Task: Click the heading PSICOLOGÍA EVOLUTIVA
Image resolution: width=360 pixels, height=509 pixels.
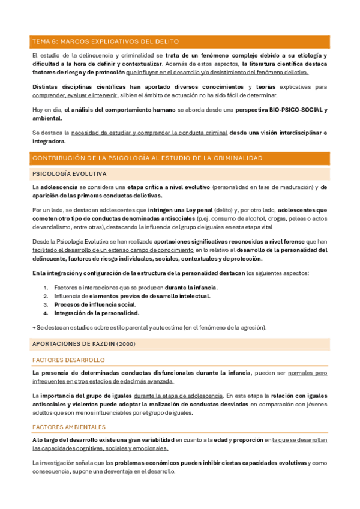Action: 70,173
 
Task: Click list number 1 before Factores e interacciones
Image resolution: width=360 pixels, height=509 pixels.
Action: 46,288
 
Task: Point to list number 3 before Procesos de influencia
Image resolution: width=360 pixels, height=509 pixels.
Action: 46,304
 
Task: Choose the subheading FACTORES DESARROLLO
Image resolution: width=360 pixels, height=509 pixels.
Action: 68,360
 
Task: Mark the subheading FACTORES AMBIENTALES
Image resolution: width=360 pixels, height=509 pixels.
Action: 69,427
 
